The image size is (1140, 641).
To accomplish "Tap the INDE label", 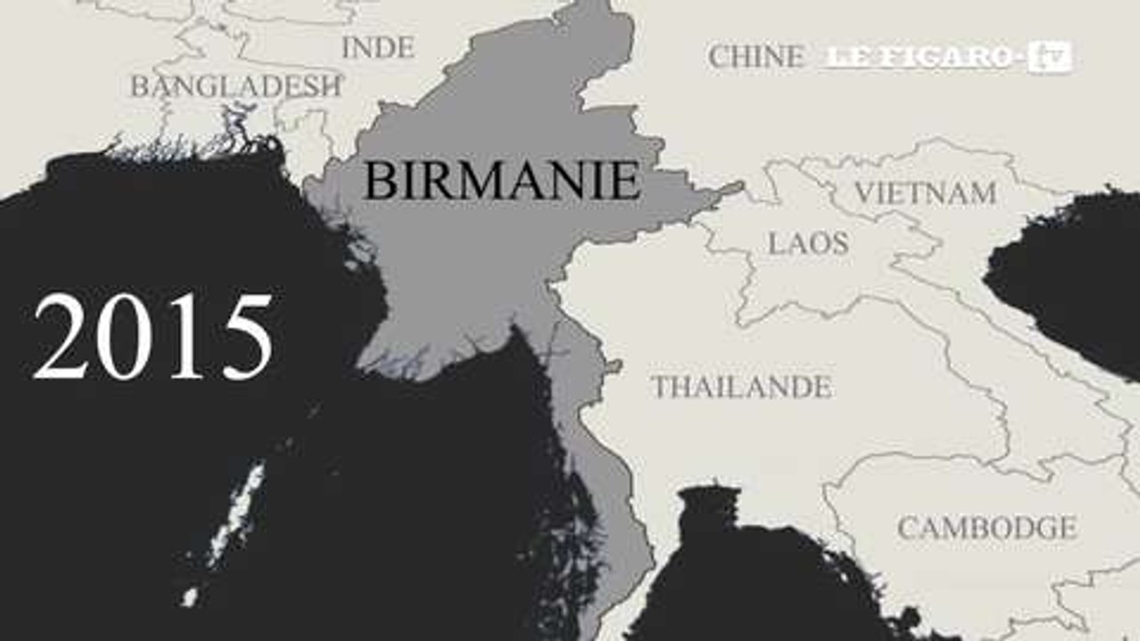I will (378, 47).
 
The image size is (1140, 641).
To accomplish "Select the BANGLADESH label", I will (236, 86).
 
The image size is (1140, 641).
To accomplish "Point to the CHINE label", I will (755, 57).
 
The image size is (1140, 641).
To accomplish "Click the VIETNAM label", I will (924, 193).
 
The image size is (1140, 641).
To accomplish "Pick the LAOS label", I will (808, 243).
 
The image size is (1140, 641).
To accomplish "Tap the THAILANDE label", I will (741, 387).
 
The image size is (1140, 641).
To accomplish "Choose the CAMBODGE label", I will (986, 528).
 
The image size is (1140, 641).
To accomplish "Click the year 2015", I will (152, 337).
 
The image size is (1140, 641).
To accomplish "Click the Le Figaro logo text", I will (918, 58).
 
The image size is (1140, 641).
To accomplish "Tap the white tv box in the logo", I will (1048, 58).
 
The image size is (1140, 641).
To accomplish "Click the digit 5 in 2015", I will (244, 337).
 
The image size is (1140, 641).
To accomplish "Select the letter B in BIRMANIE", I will (380, 181).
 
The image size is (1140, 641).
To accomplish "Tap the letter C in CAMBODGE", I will (908, 529).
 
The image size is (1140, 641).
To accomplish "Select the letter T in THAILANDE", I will (660, 387).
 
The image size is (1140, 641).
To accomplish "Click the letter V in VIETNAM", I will (864, 193).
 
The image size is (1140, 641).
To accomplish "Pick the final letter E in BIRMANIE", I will (625, 181).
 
